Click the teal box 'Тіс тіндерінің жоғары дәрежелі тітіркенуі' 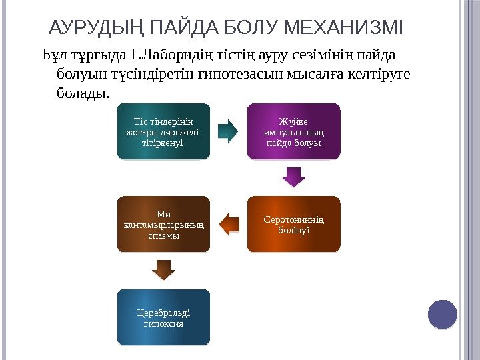tap(163, 132)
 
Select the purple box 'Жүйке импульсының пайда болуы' tap(293, 132)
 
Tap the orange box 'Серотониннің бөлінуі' tap(293, 223)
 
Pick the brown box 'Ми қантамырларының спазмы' tap(163, 225)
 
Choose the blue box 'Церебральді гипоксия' tap(163, 317)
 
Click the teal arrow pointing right tap(229, 132)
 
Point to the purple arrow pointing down tap(293, 177)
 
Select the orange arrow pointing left tap(229, 224)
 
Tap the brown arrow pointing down tap(163, 269)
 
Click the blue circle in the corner tap(442, 314)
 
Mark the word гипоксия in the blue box tap(163, 323)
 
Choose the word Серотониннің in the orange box tap(293, 219)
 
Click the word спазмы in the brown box tap(163, 236)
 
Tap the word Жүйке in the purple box tap(293, 121)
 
